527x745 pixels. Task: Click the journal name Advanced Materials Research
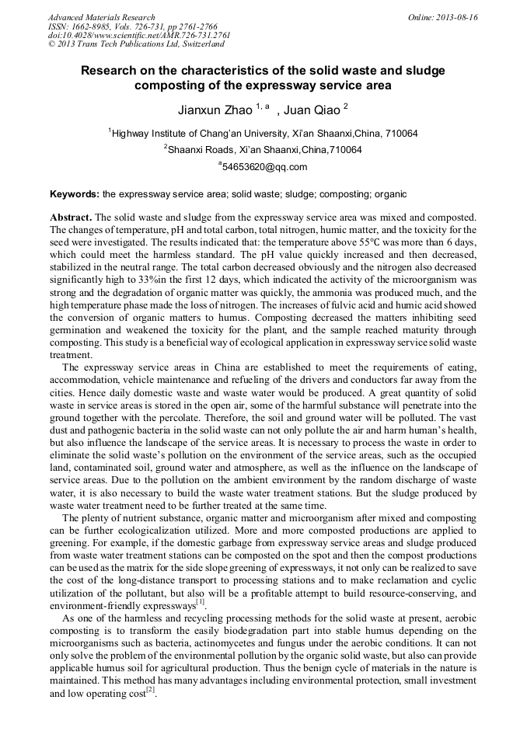[101, 17]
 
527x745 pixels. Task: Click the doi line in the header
[139, 35]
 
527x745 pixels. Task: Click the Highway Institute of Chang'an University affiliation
[264, 133]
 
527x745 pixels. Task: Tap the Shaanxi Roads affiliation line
[264, 149]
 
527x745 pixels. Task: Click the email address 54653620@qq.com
[264, 166]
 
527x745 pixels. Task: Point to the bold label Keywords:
[75, 193]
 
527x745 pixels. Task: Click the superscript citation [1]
[201, 601]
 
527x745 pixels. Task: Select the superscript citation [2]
[152, 689]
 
